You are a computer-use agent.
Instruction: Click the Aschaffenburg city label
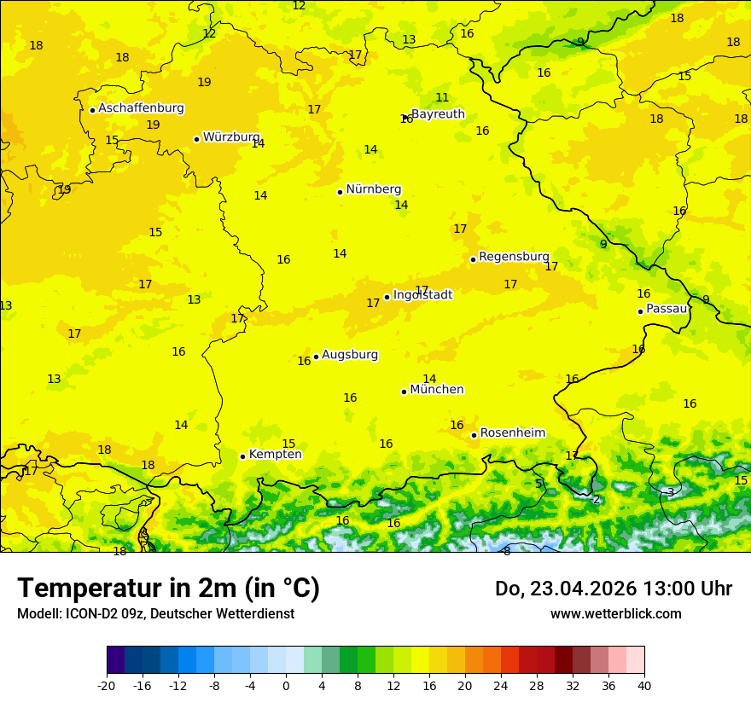141,108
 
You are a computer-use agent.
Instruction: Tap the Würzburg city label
231,137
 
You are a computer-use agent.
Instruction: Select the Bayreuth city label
438,114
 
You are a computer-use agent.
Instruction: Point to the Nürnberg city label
373,189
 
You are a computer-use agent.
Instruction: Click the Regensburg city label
514,257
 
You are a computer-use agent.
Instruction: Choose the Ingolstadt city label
422,295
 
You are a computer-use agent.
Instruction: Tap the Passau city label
667,309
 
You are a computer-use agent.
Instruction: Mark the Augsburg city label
349,355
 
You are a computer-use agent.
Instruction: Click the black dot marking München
405,392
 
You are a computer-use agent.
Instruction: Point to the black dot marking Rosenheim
474,435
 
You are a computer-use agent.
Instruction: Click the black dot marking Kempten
243,456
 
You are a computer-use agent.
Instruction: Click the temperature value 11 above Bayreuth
442,98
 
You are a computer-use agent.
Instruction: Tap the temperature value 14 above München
429,380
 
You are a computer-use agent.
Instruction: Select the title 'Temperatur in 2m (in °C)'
168,589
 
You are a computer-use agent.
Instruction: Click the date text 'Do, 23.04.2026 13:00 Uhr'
613,589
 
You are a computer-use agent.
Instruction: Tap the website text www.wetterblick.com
615,614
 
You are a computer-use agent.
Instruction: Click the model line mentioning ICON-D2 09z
155,614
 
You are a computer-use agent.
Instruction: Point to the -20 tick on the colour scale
106,686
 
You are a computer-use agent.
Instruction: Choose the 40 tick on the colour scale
643,686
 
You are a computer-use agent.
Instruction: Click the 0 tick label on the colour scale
286,686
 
